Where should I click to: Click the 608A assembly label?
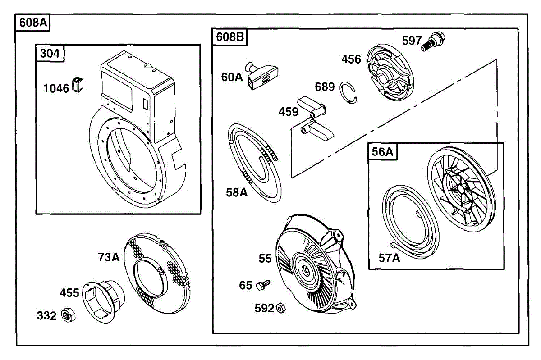(33, 23)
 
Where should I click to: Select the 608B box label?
(229, 37)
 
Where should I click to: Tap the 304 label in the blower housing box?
(50, 53)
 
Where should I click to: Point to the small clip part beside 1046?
(78, 85)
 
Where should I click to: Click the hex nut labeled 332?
(68, 315)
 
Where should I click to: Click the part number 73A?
(109, 257)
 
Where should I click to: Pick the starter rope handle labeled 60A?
(262, 76)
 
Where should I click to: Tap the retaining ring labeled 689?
(348, 93)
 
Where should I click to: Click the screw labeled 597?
(433, 41)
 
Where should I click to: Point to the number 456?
(351, 59)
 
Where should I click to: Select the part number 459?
(289, 112)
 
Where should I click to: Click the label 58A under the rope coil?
(237, 193)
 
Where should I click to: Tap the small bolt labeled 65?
(263, 285)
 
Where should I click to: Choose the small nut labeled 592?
(281, 308)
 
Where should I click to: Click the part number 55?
(265, 259)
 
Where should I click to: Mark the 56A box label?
(382, 152)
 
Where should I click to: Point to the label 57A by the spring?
(389, 258)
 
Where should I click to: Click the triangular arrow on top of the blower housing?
(147, 65)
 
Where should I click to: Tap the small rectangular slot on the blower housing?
(145, 104)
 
